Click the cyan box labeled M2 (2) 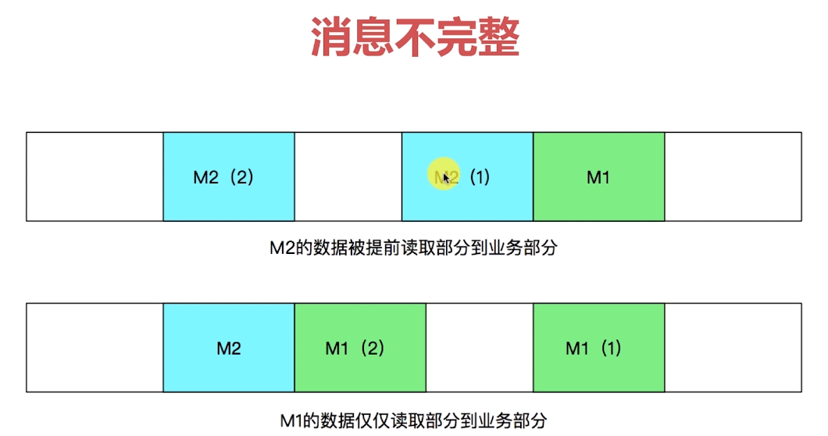coord(228,177)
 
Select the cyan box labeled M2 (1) coord(467,177)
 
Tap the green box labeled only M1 coord(598,177)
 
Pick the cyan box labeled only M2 coord(228,348)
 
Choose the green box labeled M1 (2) coord(360,348)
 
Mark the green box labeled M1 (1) coord(598,348)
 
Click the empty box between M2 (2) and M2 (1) coord(348,177)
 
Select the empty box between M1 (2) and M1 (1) coord(479,348)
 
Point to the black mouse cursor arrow coord(445,178)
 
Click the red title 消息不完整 coord(415,38)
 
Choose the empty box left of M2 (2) coord(95,177)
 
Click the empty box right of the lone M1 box coord(733,177)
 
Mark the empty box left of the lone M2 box coord(95,348)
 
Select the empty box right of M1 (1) coord(733,348)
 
